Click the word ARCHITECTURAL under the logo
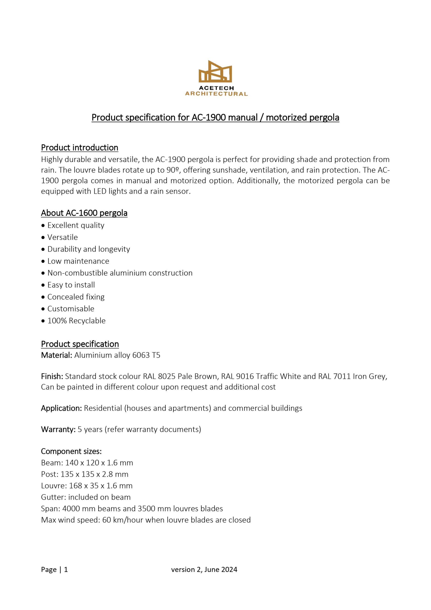216,94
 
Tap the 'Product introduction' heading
80,147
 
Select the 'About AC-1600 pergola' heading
84,213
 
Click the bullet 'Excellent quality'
76,225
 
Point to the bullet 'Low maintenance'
78,261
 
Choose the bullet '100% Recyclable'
76,321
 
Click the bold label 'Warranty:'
58,429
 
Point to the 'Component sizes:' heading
71,451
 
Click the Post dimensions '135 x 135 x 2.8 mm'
94,474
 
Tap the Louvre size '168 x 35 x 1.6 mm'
101,486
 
